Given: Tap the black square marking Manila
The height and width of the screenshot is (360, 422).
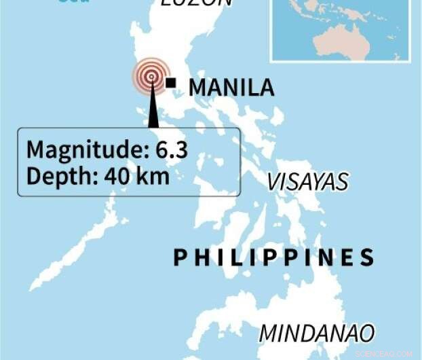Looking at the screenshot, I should (x=171, y=83).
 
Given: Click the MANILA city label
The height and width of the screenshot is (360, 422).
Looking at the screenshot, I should (x=231, y=88).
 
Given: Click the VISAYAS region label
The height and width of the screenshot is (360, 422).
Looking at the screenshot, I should (x=307, y=181).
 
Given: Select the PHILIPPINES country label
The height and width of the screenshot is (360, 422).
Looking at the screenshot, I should (x=274, y=257).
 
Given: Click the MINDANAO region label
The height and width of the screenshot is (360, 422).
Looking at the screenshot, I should (x=317, y=333).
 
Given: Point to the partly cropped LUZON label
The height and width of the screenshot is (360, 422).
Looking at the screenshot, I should (x=197, y=3).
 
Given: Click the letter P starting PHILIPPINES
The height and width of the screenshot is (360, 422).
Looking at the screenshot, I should (x=180, y=257).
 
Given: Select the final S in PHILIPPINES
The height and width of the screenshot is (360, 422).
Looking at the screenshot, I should (x=367, y=257).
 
